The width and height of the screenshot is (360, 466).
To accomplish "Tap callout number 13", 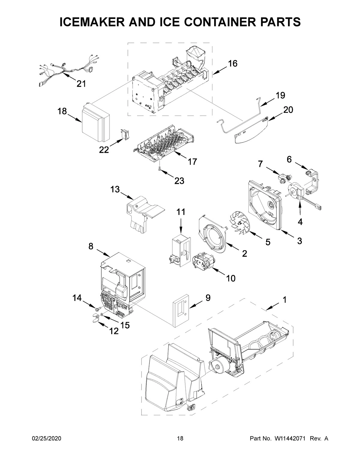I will (115, 190).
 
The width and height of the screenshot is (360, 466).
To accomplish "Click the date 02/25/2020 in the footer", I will (46, 439).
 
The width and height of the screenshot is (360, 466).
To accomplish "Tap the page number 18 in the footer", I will (180, 439).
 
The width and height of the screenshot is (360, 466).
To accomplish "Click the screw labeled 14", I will (97, 309).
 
